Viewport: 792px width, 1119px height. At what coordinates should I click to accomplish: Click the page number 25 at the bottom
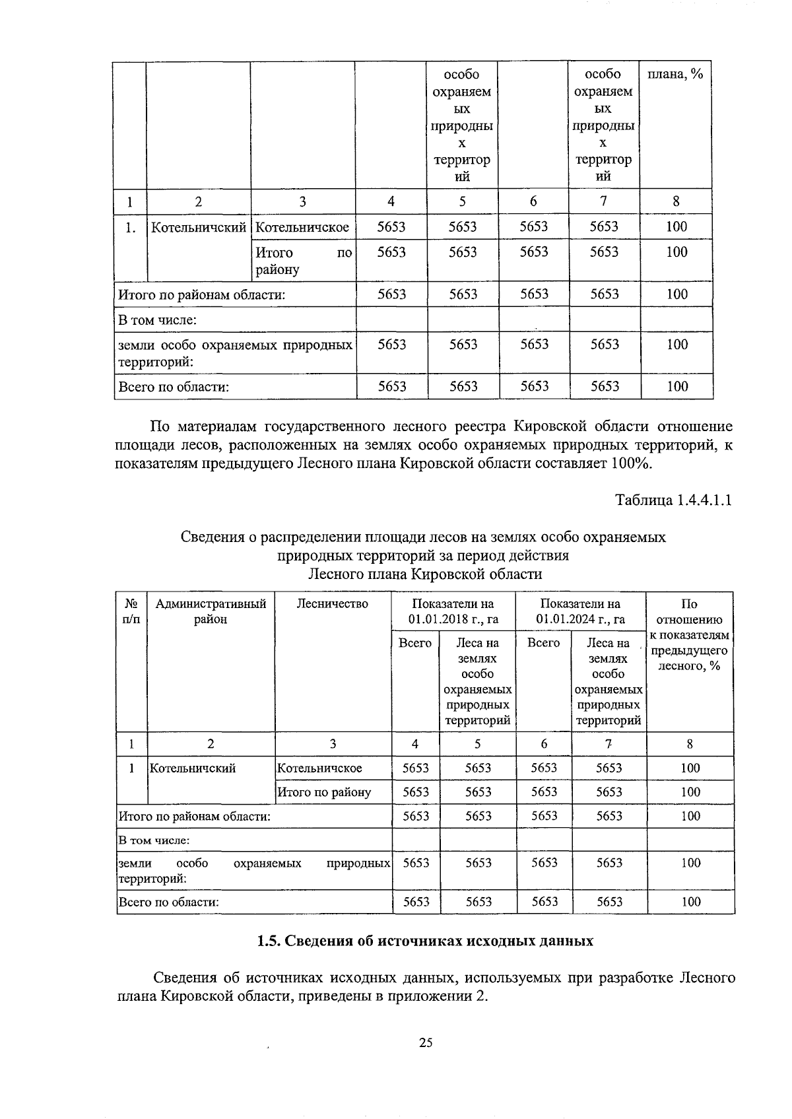click(x=426, y=1043)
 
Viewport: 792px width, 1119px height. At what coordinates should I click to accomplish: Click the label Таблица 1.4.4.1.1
click(x=674, y=500)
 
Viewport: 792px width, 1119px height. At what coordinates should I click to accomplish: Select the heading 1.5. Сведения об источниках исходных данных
click(x=425, y=941)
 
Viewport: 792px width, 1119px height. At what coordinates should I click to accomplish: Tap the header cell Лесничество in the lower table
click(x=333, y=603)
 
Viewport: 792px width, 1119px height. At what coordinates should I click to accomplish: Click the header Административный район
click(x=211, y=611)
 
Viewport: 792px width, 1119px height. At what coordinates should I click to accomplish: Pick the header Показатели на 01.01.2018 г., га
click(x=453, y=611)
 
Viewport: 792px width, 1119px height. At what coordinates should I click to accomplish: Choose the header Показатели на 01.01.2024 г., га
click(x=580, y=611)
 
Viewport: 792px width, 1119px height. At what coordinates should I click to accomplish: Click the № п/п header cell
click(x=131, y=611)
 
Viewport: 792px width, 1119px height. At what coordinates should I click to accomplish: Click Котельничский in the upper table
click(x=199, y=228)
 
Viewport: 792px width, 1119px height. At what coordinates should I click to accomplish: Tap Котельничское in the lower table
click(x=319, y=768)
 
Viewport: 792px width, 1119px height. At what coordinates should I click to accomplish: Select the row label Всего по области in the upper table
click(x=174, y=387)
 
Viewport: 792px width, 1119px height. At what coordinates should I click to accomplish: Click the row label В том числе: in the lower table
click(x=154, y=840)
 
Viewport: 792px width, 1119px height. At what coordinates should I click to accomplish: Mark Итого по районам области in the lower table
click(x=195, y=817)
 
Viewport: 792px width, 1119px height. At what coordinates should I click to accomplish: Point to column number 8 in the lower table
click(x=690, y=744)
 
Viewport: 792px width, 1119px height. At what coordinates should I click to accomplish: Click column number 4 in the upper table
click(x=391, y=202)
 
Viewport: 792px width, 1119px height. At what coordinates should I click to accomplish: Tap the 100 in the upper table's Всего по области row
click(x=677, y=387)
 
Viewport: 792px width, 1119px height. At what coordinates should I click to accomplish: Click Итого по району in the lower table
click(x=324, y=792)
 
